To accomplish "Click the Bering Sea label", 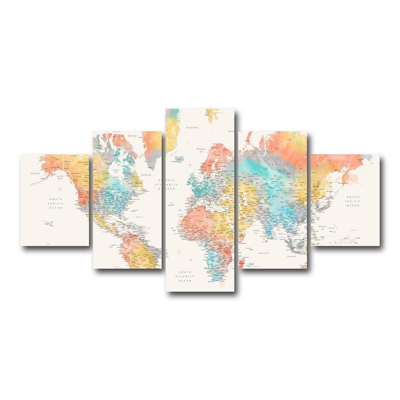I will point(35,173).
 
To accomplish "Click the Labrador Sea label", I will point(146,175).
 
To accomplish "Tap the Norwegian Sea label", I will point(201,150).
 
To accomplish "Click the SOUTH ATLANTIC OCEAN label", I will point(185,276).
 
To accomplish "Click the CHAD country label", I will point(214,227).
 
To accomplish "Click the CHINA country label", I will point(281,210).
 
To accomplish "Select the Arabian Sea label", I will point(256,232).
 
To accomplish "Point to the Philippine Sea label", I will point(322,228).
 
